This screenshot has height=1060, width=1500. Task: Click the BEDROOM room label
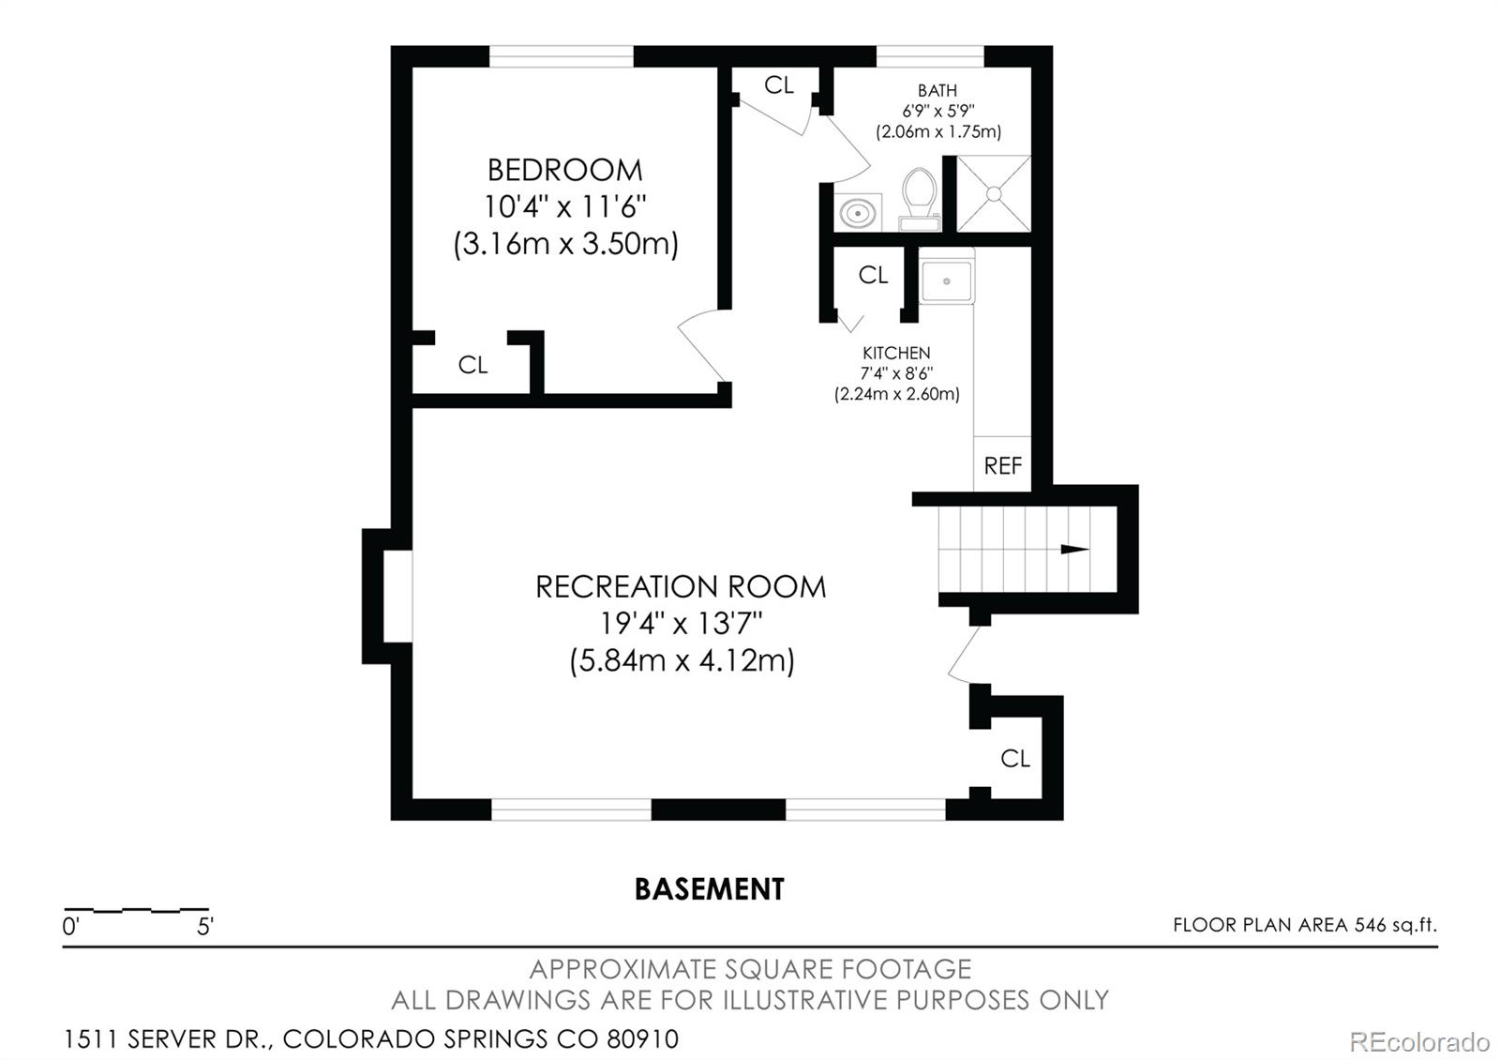(564, 170)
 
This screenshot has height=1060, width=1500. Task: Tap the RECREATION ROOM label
(681, 587)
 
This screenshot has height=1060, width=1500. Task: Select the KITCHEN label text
(896, 353)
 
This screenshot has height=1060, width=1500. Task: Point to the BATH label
(937, 90)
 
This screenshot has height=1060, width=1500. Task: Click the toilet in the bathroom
(920, 199)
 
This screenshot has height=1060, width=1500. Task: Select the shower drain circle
(994, 193)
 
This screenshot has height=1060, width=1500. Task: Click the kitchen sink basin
(946, 281)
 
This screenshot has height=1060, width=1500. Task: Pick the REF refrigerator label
(1002, 465)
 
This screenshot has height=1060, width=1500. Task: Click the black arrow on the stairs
(1074, 550)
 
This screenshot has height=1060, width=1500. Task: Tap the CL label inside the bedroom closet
(472, 365)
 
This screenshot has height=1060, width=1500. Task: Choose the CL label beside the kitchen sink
(873, 275)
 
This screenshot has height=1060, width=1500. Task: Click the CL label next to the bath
(779, 85)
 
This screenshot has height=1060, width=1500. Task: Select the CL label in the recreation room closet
(1015, 759)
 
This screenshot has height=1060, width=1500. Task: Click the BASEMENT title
(709, 889)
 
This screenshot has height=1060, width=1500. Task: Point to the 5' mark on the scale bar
(204, 926)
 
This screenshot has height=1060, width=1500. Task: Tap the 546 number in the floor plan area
(1370, 925)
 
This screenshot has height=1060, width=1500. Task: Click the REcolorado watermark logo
(1419, 1042)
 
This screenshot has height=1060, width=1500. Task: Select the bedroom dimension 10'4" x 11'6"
(564, 206)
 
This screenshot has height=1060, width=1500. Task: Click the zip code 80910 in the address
(642, 1039)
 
